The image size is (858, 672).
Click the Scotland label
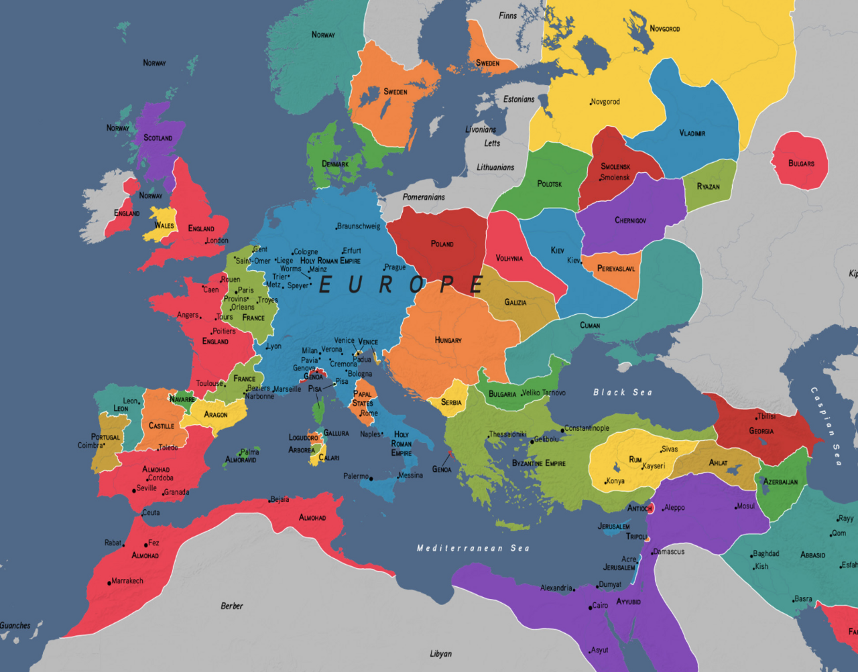coord(158,138)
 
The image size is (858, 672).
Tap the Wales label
coord(164,226)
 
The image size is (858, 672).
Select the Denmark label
coord(335,164)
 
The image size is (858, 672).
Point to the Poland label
coord(442,244)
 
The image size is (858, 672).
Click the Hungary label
coord(448,340)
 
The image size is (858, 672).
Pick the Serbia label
coord(451,403)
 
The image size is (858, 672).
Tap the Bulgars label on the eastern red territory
coord(801,163)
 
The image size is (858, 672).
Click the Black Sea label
coord(623,393)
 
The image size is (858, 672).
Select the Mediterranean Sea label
coord(473,548)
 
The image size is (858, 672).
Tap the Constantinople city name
coord(588,428)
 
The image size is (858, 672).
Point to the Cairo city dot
coord(589,607)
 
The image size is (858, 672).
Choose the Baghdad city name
coord(766,554)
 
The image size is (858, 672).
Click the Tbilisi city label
coord(766,416)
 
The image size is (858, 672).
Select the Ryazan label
coord(708,186)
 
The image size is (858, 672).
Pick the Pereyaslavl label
coord(616,269)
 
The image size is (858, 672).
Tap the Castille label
coord(161,425)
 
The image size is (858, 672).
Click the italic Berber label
coord(232,606)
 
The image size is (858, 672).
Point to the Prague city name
coord(395,267)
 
